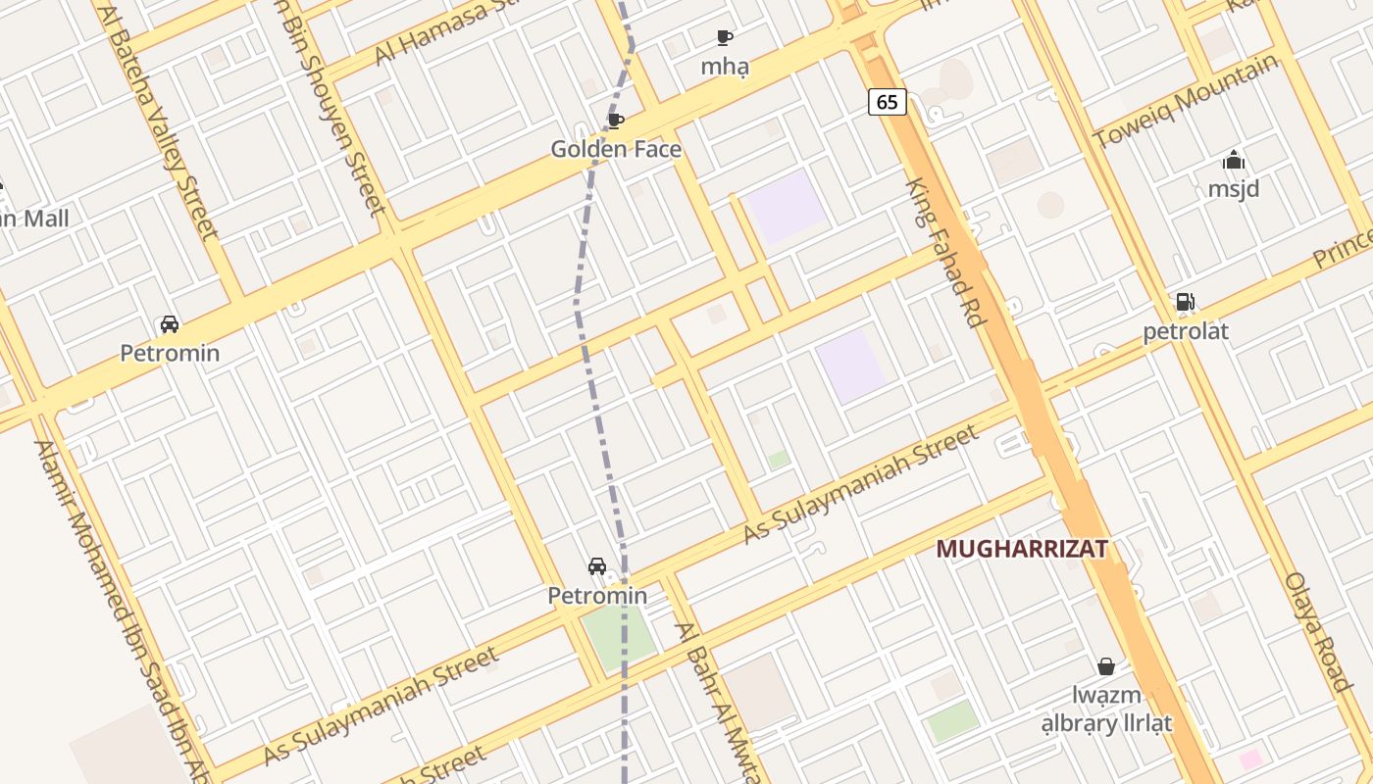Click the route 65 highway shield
click(887, 101)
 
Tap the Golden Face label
click(616, 150)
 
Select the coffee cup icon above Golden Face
click(616, 121)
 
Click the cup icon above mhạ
click(725, 38)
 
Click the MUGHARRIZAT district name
click(1022, 549)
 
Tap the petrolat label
click(1186, 331)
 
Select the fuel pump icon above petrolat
click(1185, 302)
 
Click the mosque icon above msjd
click(1234, 160)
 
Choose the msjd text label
click(1234, 188)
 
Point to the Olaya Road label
click(1319, 632)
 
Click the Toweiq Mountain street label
click(1187, 100)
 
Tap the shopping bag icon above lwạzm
click(1106, 666)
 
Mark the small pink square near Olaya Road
click(1249, 759)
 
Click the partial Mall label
click(34, 219)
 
